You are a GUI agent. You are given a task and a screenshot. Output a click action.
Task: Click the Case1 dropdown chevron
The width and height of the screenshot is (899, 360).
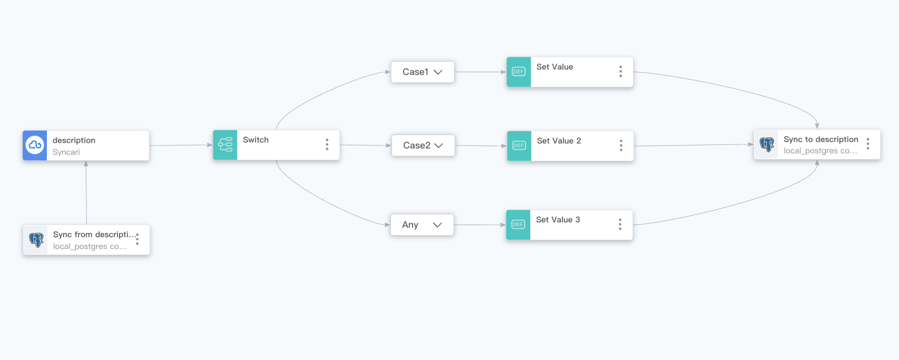coord(438,72)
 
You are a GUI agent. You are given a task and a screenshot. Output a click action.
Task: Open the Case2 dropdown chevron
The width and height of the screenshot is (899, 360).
coord(438,145)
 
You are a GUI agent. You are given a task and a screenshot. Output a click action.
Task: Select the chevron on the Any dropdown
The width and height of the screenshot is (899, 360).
coord(437,225)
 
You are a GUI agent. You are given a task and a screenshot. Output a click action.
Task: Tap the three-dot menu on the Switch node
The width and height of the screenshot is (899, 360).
coord(327,144)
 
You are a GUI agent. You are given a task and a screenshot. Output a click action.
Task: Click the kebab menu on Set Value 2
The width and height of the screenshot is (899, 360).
coord(621,145)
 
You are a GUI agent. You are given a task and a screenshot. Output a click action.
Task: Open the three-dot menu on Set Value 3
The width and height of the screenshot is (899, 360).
coord(620,225)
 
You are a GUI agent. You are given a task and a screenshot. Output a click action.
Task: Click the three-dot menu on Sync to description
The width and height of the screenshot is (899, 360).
coord(867,144)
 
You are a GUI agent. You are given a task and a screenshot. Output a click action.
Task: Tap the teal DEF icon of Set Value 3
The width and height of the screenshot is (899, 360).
coord(518,225)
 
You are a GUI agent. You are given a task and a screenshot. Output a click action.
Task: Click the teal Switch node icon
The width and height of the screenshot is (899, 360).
coord(225,144)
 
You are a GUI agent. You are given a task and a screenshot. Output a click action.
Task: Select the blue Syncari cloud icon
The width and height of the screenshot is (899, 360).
coord(35,145)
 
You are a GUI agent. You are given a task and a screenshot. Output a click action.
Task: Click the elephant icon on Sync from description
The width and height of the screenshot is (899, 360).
coord(36,240)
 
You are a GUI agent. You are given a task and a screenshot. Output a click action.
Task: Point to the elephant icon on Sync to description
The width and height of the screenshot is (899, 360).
coord(767,144)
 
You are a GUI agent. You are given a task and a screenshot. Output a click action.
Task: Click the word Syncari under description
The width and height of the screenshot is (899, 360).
coord(66,152)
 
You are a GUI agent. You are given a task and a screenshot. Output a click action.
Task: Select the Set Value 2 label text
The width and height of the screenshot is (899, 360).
coord(559,141)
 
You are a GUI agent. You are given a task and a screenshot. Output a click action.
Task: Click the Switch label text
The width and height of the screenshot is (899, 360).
coord(256,140)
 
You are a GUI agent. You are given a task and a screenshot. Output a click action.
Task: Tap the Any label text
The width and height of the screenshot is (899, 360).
coord(410,225)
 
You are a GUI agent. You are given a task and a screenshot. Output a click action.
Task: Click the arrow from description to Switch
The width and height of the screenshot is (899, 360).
coord(181,145)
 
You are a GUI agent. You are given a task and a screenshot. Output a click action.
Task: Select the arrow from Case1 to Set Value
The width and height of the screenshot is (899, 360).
coord(480,72)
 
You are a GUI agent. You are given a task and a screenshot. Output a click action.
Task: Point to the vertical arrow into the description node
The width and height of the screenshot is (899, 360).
coord(86,192)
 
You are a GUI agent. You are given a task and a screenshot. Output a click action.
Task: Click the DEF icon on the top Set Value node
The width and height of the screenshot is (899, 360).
coord(519,72)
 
